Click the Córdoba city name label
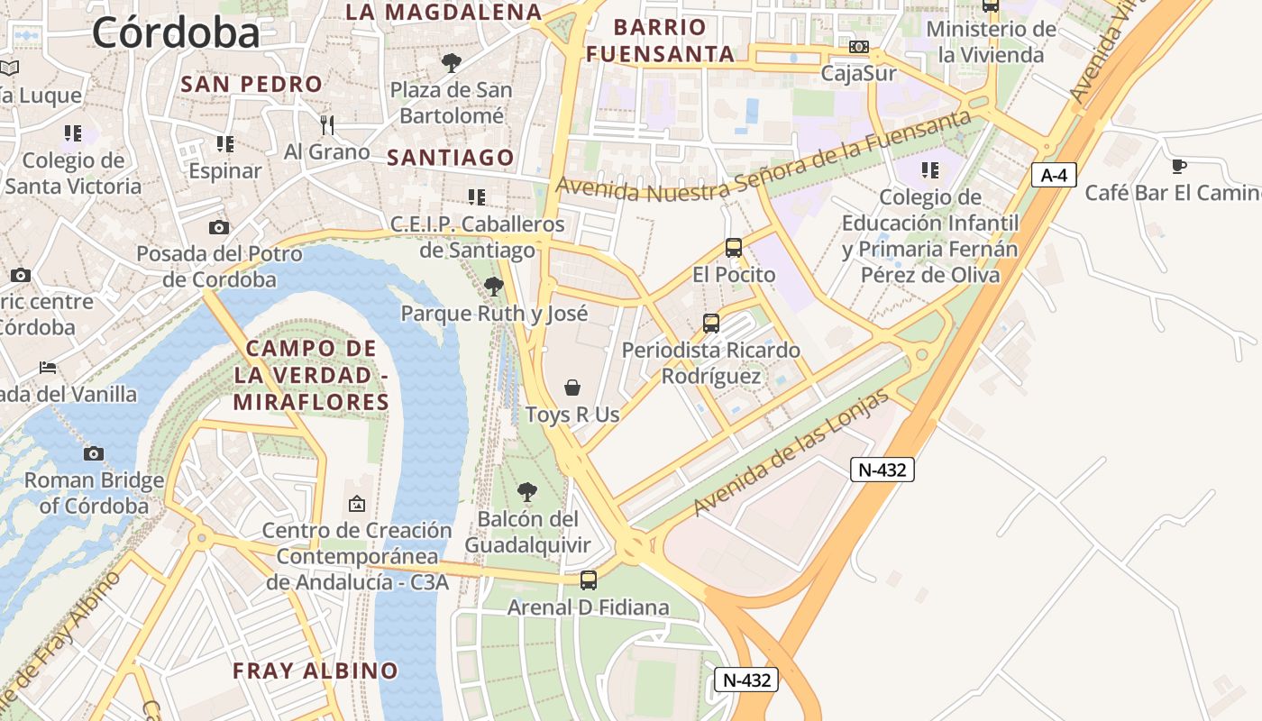176,33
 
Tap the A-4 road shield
1054,175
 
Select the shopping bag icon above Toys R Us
572,388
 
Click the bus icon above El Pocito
734,247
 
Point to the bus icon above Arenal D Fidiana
589,580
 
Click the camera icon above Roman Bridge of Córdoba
94,453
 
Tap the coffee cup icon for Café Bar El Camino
1178,166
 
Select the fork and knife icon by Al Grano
327,124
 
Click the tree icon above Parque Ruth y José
493,287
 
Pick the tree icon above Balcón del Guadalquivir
527,492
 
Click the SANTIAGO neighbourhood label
451,158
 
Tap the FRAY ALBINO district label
315,671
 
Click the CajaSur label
858,73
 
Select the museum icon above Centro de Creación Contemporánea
357,503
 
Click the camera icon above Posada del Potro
219,227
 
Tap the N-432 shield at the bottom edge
746,680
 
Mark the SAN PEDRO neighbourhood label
251,85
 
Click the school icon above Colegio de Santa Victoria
73,133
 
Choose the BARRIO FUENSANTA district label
661,40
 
